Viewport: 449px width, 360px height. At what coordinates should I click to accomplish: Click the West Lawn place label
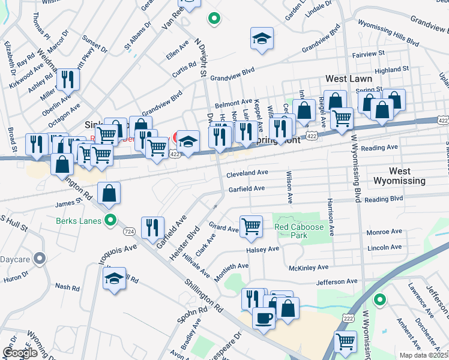pyautogui.click(x=349, y=79)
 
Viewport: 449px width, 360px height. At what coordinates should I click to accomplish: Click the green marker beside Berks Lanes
pyautogui.click(x=110, y=220)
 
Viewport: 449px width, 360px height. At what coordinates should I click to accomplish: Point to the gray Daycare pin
pyautogui.click(x=40, y=259)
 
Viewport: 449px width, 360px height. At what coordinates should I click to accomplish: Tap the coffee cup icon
pyautogui.click(x=264, y=318)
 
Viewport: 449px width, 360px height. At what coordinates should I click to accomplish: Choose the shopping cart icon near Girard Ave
pyautogui.click(x=251, y=226)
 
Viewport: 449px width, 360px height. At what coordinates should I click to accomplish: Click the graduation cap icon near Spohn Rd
pyautogui.click(x=114, y=278)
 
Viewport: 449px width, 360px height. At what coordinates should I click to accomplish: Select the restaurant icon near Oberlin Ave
pyautogui.click(x=67, y=79)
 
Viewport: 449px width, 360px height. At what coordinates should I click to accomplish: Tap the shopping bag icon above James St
pyautogui.click(x=109, y=193)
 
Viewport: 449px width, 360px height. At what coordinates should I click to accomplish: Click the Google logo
pyautogui.click(x=20, y=352)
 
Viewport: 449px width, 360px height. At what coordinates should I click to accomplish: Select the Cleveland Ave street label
pyautogui.click(x=247, y=173)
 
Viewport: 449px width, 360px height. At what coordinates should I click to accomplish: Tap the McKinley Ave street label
pyautogui.click(x=309, y=267)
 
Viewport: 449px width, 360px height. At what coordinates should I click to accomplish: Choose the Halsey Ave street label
pyautogui.click(x=262, y=249)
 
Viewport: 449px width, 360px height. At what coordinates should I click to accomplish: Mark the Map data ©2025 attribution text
pyautogui.click(x=424, y=355)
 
